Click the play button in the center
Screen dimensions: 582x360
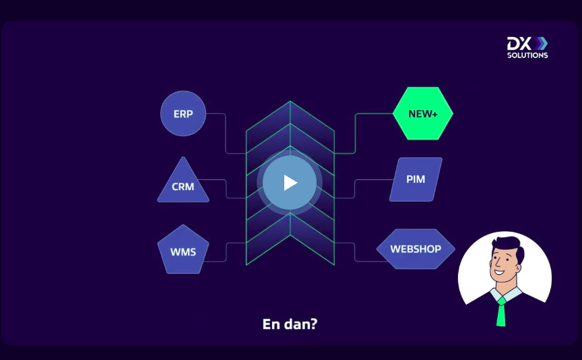pyautogui.click(x=290, y=183)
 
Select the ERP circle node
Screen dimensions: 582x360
pyautogui.click(x=183, y=113)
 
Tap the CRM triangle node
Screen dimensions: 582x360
pyautogui.click(x=183, y=182)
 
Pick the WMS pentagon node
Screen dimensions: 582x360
pyautogui.click(x=183, y=249)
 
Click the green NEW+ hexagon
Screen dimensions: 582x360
pyautogui.click(x=423, y=113)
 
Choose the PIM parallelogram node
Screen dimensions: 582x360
pyautogui.click(x=416, y=179)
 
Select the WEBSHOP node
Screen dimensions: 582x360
pyautogui.click(x=416, y=249)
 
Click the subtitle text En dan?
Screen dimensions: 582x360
pyautogui.click(x=290, y=324)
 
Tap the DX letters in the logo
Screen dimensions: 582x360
pyautogui.click(x=519, y=43)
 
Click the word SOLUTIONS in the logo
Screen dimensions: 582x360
pyautogui.click(x=527, y=55)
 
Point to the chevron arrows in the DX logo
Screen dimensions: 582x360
pyautogui.click(x=541, y=43)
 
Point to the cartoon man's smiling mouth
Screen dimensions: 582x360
pyautogui.click(x=498, y=272)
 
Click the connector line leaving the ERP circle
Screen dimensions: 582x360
pyautogui.click(x=226, y=133)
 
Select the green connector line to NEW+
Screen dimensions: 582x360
pyautogui.click(x=355, y=133)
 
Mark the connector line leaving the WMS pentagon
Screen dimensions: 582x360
pyautogui.click(x=226, y=252)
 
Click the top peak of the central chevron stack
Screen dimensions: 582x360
pyautogui.click(x=290, y=101)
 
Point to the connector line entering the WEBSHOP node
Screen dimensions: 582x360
pyautogui.click(x=355, y=252)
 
